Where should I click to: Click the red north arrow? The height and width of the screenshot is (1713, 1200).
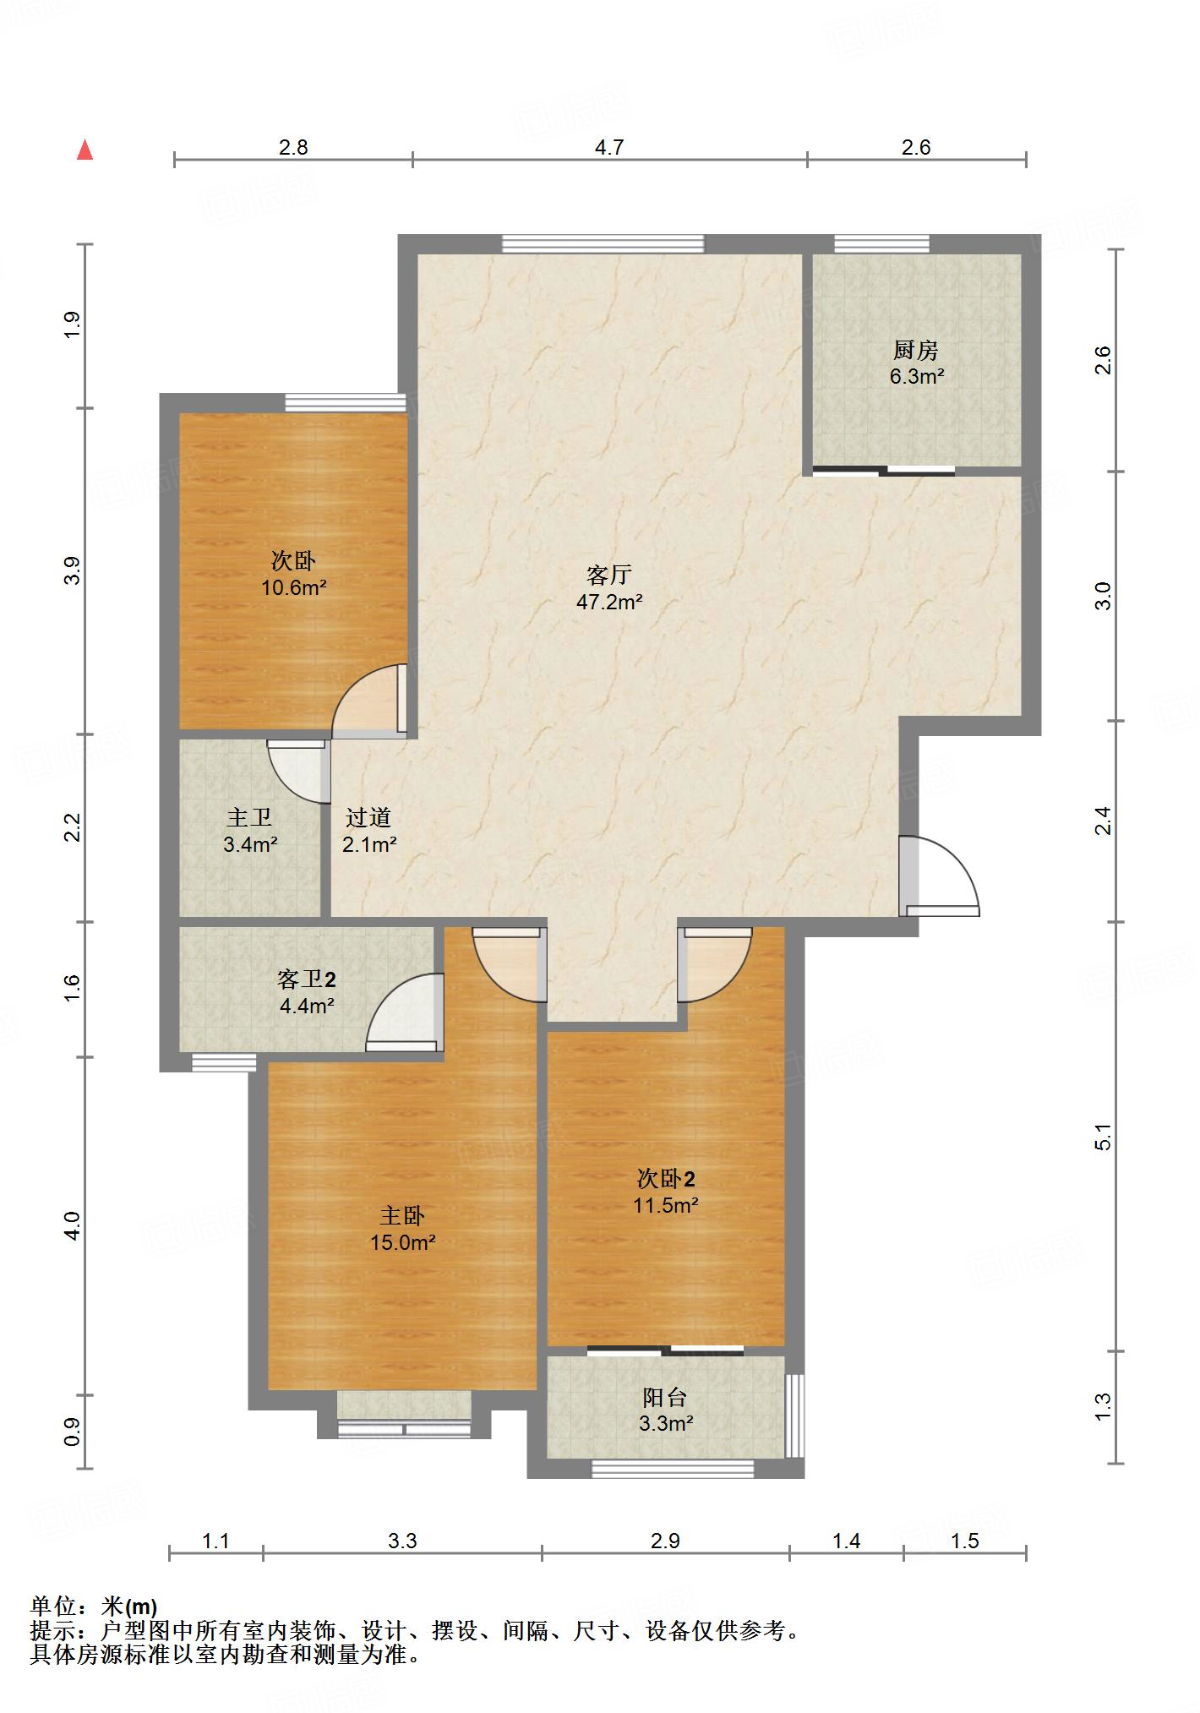coord(85,150)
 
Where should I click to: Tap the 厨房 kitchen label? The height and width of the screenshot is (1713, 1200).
coord(916,349)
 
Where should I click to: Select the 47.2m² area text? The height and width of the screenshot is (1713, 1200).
coord(609,603)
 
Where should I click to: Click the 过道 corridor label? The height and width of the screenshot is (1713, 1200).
coord(368,817)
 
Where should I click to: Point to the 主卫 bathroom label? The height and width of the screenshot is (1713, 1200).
coord(249,817)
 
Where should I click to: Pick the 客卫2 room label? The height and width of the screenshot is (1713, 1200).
coord(306,979)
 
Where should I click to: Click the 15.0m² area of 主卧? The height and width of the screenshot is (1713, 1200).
coord(402,1242)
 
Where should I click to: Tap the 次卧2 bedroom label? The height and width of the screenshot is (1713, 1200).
coord(666,1179)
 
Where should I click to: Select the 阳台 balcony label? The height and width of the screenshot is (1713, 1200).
coord(665,1397)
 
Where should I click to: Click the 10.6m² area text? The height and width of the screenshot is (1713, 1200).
coord(293,587)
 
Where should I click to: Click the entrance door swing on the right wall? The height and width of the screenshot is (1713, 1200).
coord(940,876)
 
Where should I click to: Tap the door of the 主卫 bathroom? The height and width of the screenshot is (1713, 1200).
coord(298,772)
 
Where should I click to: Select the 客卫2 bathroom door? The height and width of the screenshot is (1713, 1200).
coord(405,1012)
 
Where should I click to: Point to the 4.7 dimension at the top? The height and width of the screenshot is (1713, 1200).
coord(609,148)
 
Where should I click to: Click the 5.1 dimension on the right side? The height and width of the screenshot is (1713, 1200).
coord(1103,1137)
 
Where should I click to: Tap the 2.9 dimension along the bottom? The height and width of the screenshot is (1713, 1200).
coord(665,1541)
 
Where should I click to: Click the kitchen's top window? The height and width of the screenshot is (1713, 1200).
coord(882,243)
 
